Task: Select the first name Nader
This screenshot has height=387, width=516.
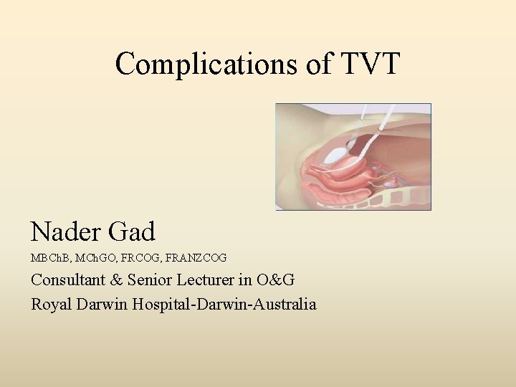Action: click(x=66, y=232)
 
